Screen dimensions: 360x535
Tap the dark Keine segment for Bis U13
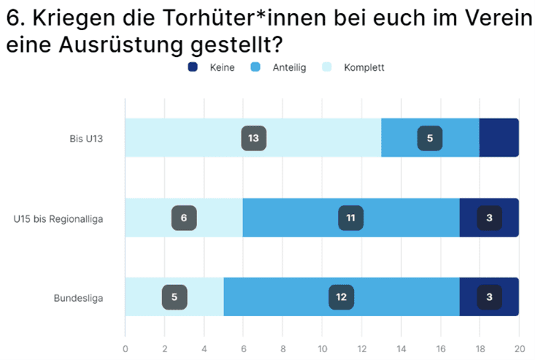[x=499, y=137]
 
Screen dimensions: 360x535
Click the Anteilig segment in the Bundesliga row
[x=292, y=297]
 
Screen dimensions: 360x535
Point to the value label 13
[x=253, y=137]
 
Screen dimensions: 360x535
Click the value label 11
[x=350, y=218]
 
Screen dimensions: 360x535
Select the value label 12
[x=341, y=297]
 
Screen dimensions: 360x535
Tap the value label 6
[x=184, y=218]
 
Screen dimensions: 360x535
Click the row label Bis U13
[x=86, y=137]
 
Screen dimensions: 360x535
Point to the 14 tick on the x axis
[x=400, y=348]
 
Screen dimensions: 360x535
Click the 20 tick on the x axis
[x=518, y=348]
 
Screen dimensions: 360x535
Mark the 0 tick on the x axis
[x=126, y=348]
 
